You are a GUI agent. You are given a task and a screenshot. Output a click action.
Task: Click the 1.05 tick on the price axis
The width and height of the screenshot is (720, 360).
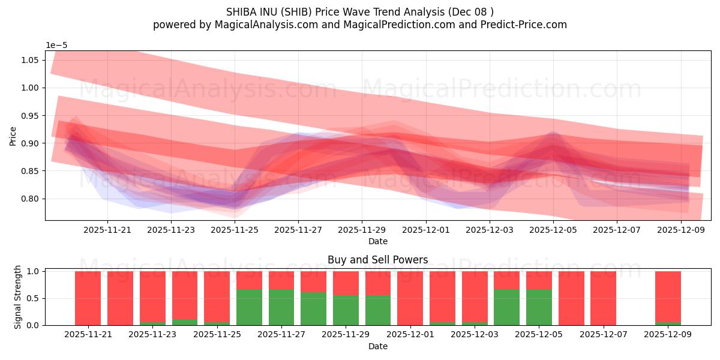[x=31, y=60]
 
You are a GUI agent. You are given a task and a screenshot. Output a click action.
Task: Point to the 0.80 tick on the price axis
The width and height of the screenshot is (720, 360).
[x=31, y=199]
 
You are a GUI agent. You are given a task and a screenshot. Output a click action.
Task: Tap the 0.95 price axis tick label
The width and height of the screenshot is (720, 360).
[x=31, y=115]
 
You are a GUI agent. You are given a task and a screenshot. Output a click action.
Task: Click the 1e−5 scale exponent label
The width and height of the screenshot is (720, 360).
[x=58, y=45]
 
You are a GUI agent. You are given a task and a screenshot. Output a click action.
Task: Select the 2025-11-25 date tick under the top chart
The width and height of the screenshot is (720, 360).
[x=235, y=229]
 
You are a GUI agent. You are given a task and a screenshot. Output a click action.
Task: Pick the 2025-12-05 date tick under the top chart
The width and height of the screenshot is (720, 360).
[x=553, y=229]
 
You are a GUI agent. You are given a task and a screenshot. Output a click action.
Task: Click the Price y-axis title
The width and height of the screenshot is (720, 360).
[x=13, y=136]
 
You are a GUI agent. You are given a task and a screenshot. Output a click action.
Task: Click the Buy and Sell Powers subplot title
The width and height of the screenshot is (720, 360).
[x=377, y=260]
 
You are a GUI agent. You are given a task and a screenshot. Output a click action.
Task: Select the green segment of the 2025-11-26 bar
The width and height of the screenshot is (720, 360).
[x=249, y=307]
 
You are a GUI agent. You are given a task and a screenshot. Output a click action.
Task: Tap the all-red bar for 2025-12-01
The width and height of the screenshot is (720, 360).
[x=410, y=298]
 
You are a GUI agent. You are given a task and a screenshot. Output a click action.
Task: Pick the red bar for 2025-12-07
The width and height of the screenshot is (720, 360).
[x=603, y=298]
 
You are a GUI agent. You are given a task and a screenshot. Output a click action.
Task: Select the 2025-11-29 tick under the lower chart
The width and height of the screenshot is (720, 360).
[x=346, y=335]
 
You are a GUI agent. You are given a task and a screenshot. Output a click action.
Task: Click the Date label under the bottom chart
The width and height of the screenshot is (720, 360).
[x=377, y=346]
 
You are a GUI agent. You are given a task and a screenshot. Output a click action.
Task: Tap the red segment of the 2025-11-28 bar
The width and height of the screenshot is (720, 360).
[x=313, y=281]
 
